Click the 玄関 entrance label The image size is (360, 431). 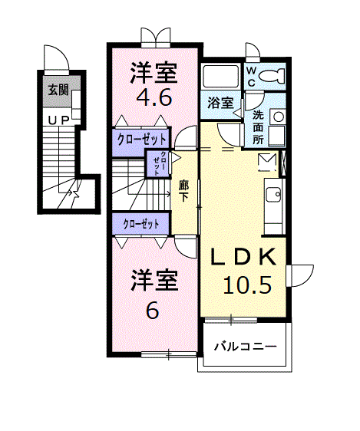tap(58, 90)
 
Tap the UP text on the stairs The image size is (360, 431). tap(58, 120)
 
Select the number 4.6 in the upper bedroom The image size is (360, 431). tap(154, 98)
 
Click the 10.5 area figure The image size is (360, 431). tap(247, 286)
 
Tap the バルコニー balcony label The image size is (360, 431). tap(245, 347)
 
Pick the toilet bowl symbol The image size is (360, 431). tap(271, 76)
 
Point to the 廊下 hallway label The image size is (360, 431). tap(184, 189)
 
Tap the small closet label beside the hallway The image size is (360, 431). tap(157, 163)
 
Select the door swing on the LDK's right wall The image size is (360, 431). tap(301, 275)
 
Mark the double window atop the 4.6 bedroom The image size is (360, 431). tap(155, 36)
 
